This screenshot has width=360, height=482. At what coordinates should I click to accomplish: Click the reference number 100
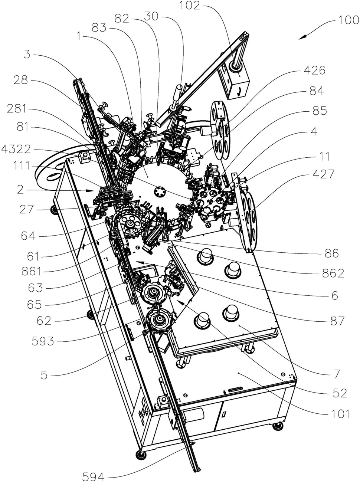click(348, 20)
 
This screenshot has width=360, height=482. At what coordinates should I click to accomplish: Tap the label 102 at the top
click(190, 6)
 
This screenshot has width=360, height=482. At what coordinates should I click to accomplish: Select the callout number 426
click(314, 71)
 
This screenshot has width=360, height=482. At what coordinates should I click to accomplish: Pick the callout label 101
click(339, 414)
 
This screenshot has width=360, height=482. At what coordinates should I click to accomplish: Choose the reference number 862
click(333, 273)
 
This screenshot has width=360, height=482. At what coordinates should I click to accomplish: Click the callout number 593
click(43, 341)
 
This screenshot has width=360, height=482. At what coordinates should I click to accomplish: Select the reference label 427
click(323, 174)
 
